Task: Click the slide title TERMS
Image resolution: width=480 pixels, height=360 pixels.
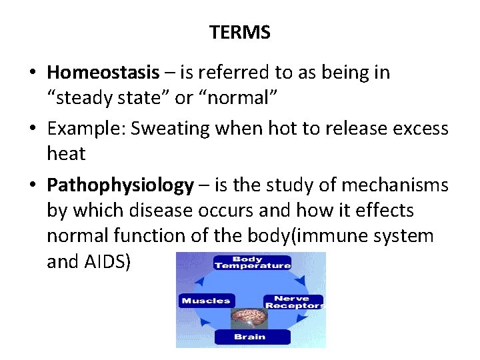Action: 239,33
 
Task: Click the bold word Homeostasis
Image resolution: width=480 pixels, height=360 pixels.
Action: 103,72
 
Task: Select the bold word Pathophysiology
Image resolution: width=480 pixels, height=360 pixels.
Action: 120,185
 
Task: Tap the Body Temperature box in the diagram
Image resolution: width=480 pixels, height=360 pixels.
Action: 252,261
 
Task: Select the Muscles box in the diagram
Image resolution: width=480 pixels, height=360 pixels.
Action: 206,301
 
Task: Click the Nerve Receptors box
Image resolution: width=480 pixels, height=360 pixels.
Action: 293,302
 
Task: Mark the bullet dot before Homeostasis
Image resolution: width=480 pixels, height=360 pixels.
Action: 33,73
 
